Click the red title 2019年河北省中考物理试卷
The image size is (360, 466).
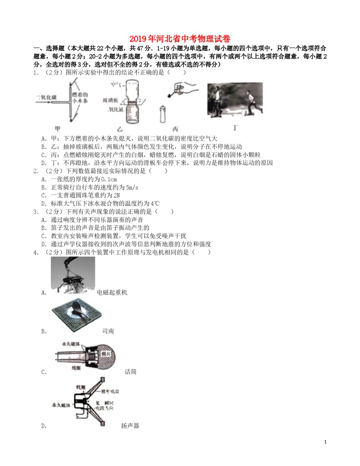pos(180,39)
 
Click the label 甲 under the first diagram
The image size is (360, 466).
pos(58,128)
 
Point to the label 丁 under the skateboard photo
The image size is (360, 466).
pos(236,128)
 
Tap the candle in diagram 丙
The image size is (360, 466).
pos(163,113)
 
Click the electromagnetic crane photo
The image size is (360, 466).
pos(73,275)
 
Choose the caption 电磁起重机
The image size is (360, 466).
pos(112,292)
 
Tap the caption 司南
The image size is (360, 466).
pos(108,331)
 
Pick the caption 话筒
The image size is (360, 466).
pos(130,372)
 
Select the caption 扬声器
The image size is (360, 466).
pos(130,425)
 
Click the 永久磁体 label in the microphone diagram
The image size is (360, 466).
pos(70,344)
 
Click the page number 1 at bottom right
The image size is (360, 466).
pos(326,442)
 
